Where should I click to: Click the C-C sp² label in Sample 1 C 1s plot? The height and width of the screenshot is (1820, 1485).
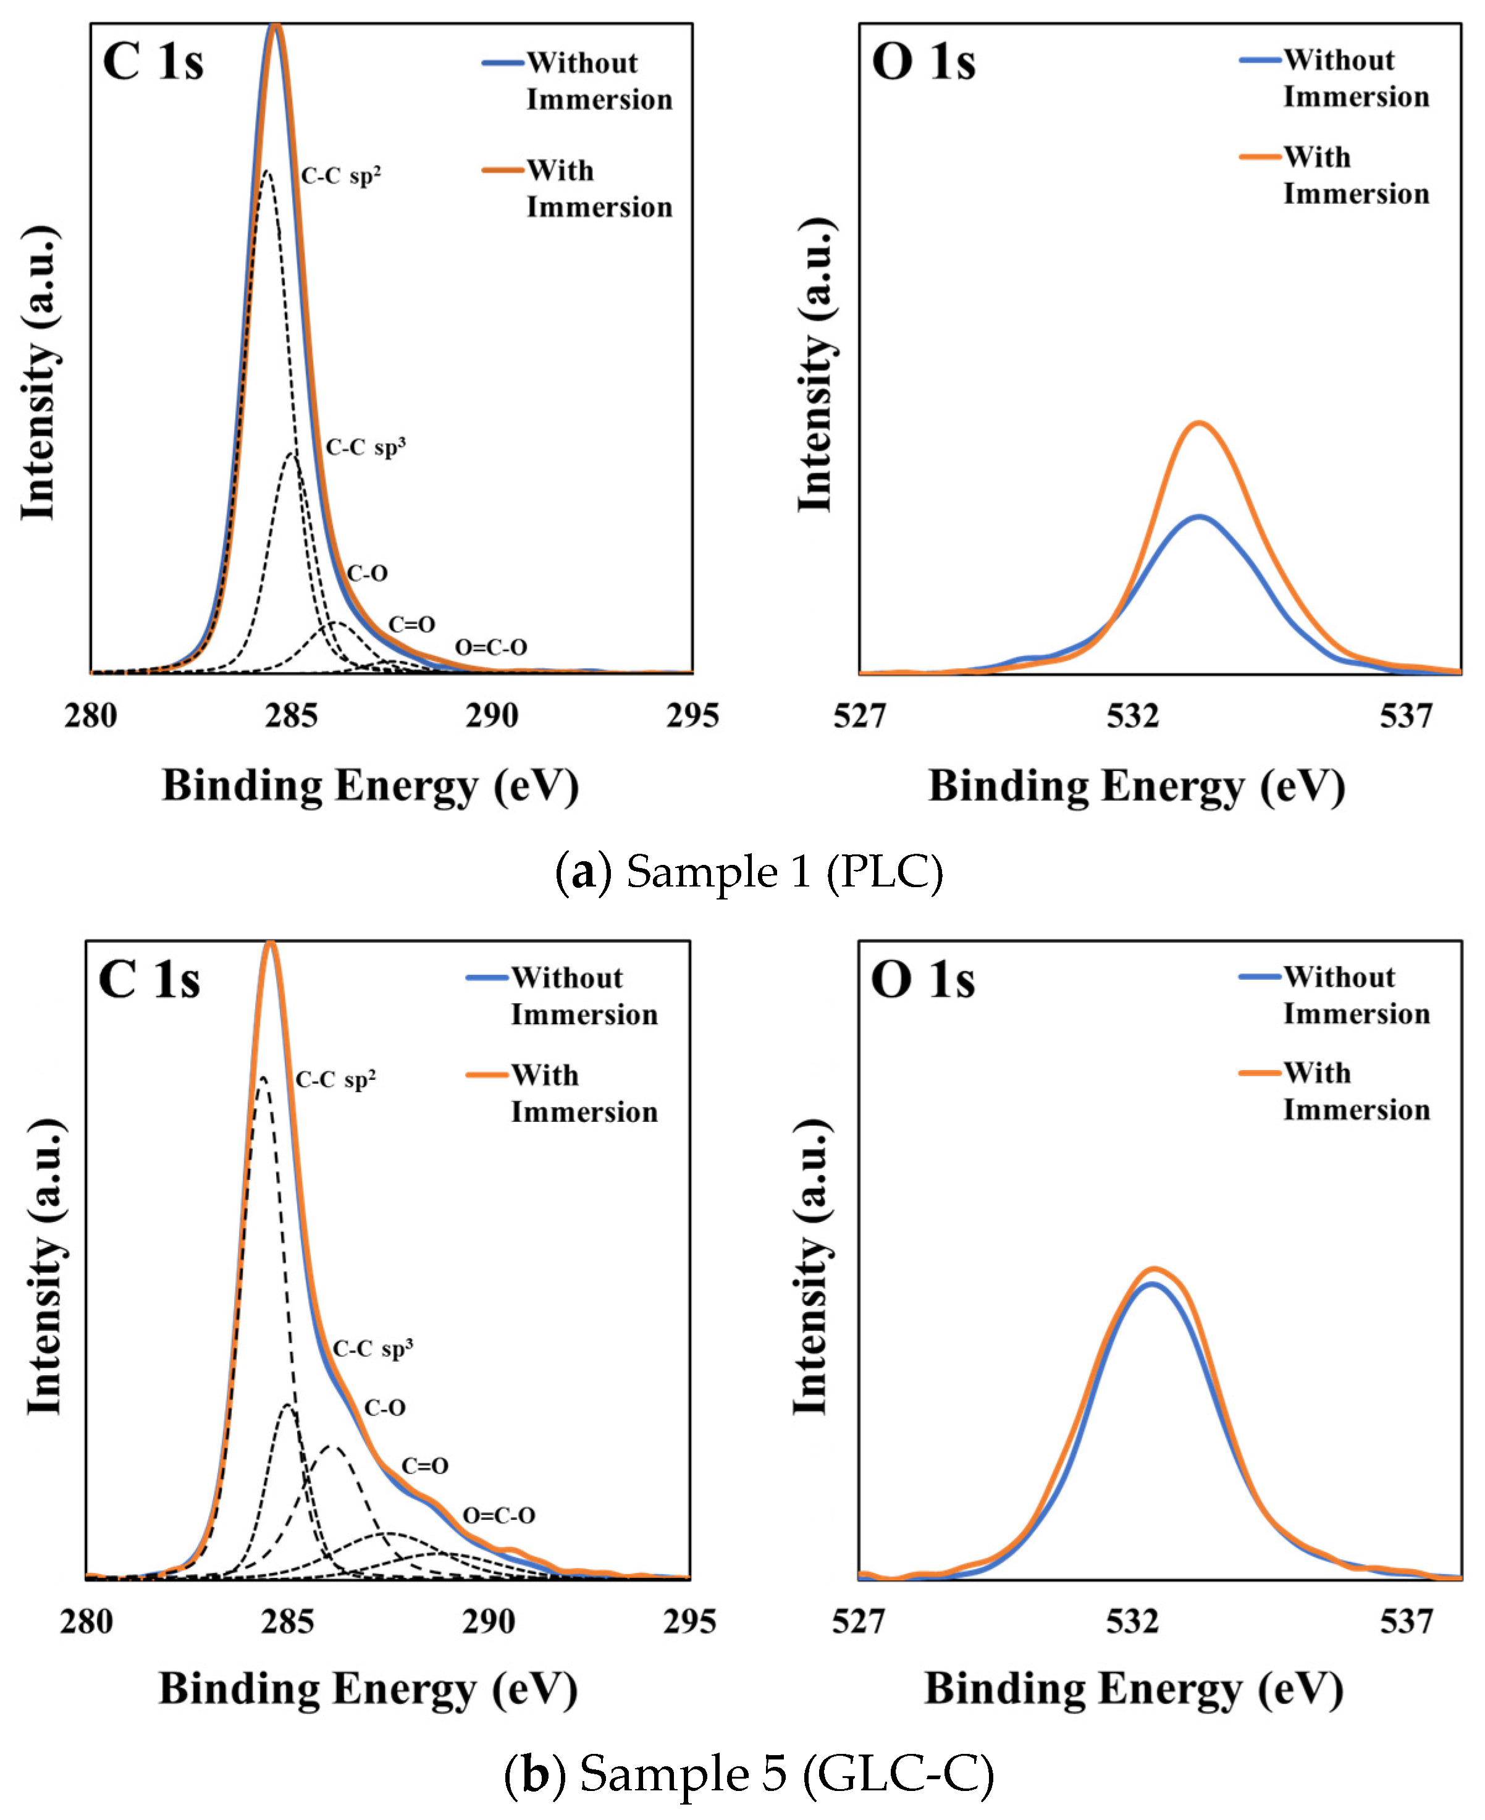340,176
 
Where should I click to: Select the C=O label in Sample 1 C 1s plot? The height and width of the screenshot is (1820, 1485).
411,625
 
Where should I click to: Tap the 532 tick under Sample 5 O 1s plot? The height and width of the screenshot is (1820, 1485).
1132,1620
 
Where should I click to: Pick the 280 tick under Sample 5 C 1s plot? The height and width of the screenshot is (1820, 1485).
86,1620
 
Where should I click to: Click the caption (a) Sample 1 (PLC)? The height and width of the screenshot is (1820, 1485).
749,872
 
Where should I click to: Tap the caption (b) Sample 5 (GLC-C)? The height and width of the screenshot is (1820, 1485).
749,1773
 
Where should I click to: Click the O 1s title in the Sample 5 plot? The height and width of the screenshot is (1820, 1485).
922,979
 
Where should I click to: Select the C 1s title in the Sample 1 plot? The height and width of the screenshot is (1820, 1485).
153,62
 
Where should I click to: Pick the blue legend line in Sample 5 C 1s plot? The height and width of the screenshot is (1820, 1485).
487,977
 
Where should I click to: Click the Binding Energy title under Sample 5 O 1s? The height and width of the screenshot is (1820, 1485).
1134,1689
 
